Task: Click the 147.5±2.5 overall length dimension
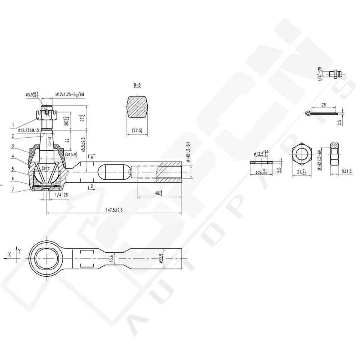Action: (114, 210)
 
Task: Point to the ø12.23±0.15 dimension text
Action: (33, 130)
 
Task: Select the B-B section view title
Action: (137, 85)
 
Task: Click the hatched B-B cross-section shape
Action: (137, 107)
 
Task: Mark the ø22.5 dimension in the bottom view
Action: (160, 258)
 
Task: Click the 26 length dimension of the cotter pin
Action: (323, 105)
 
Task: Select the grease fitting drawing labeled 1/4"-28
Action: (334, 74)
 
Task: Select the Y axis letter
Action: (19, 250)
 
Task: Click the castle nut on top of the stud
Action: (47, 112)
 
